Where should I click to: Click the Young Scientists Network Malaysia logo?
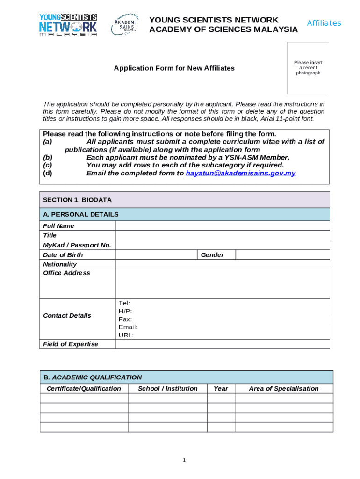tap(68, 24)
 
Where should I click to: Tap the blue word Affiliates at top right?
tap(324, 23)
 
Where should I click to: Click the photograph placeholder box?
tap(308, 68)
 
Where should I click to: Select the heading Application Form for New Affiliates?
tap(174, 68)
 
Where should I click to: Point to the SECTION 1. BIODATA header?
tap(77, 200)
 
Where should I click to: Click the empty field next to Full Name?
tap(222, 226)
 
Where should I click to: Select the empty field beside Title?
tap(222, 235)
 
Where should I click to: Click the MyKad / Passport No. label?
tap(77, 245)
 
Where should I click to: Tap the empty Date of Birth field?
tap(156, 255)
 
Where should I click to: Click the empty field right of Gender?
tap(282, 255)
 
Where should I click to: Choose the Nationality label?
tap(60, 264)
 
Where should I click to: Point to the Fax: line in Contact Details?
tap(125, 319)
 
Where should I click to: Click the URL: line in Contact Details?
tap(126, 335)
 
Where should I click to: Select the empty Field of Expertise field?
tap(222, 344)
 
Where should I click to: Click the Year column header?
tap(221, 389)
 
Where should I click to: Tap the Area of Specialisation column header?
tap(283, 389)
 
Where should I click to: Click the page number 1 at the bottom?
tap(184, 461)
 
